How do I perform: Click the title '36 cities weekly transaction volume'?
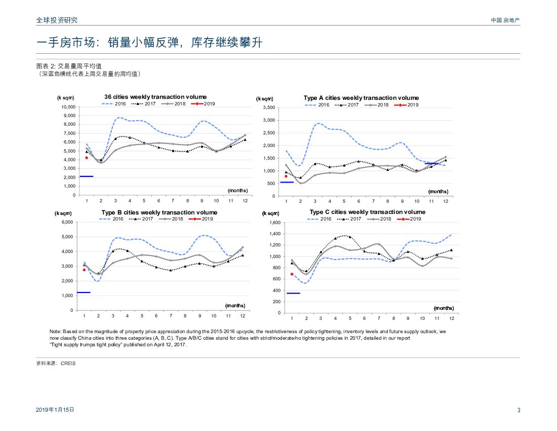(x=155, y=97)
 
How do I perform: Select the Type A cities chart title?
(x=361, y=98)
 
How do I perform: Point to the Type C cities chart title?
(x=367, y=212)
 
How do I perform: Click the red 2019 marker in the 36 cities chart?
(x=87, y=158)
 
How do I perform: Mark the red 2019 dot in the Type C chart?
(x=292, y=274)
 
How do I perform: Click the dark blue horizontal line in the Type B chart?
(x=83, y=293)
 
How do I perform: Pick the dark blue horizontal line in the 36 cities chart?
(x=87, y=176)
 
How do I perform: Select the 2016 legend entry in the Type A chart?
(x=317, y=105)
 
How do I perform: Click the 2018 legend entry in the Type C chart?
(x=379, y=219)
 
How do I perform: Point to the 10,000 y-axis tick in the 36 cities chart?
(x=68, y=107)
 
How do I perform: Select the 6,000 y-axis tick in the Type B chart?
(x=67, y=222)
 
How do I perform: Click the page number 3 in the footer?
(x=519, y=410)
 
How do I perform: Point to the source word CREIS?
(x=68, y=364)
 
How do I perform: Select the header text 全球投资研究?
(x=57, y=20)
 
